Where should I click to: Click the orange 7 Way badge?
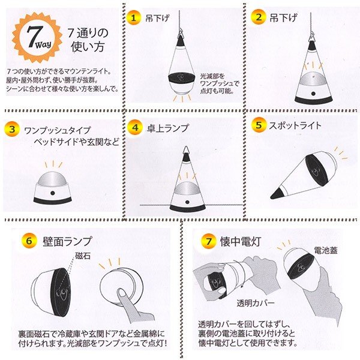[x=37, y=38]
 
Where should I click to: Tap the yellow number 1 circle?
[x=134, y=17]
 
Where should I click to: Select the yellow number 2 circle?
[x=258, y=17]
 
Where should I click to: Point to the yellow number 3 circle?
[x=12, y=129]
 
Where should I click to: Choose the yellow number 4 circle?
[x=135, y=127]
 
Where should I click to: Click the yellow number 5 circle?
[x=259, y=125]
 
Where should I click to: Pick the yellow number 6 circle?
[x=29, y=241]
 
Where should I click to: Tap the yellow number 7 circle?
[x=208, y=241]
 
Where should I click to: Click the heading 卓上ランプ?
[x=168, y=128]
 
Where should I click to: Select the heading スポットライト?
[x=295, y=125]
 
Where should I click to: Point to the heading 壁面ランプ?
[x=67, y=241]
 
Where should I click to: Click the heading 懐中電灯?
[x=241, y=242]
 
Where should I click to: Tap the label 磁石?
[x=83, y=256]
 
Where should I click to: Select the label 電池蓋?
[x=326, y=250]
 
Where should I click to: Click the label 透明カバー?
[x=256, y=303]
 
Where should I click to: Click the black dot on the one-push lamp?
[x=53, y=193]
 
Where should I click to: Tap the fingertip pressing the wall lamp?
[x=121, y=293]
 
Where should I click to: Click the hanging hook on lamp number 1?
[x=180, y=32]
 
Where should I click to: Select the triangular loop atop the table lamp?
[x=186, y=150]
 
